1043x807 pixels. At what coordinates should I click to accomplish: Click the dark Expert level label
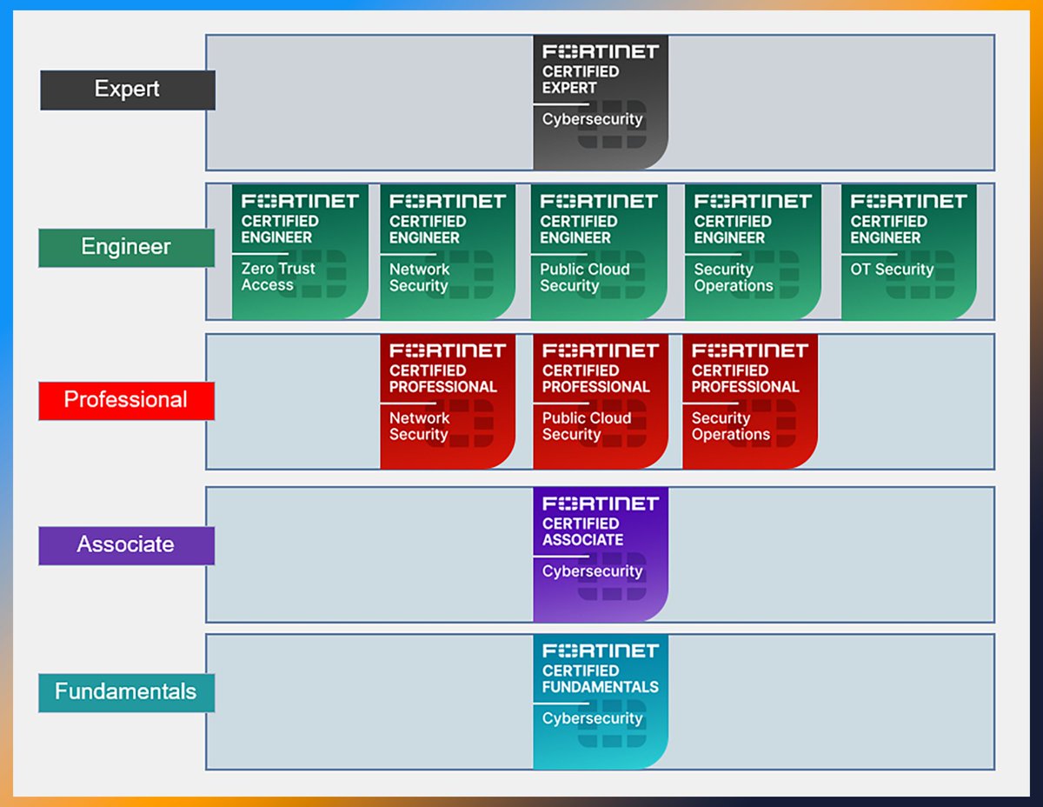[x=127, y=90]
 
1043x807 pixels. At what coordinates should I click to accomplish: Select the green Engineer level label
[x=126, y=247]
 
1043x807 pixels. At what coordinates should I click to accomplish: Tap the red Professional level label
[x=126, y=400]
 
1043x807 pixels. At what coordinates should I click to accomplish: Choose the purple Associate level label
[x=126, y=545]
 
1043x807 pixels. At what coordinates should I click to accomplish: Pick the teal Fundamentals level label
[x=126, y=692]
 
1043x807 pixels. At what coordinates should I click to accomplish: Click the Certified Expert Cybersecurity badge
[x=601, y=102]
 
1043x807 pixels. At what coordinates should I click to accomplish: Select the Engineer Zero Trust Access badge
[x=300, y=251]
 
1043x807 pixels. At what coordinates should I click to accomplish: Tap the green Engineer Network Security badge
[x=448, y=251]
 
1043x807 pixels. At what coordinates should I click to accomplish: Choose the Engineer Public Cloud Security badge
[x=599, y=251]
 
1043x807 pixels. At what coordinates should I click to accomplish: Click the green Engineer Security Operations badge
[x=753, y=251]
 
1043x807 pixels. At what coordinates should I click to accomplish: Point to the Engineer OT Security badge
[x=908, y=251]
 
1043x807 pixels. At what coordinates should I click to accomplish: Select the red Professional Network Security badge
[x=448, y=401]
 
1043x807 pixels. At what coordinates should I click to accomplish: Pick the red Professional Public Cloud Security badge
[x=601, y=401]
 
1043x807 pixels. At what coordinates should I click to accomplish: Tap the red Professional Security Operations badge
[x=750, y=401]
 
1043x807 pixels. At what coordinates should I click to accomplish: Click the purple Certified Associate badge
[x=601, y=554]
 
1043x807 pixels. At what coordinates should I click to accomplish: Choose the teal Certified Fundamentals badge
[x=601, y=701]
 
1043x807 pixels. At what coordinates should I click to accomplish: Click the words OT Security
[x=892, y=270]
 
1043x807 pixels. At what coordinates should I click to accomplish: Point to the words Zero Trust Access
[x=278, y=277]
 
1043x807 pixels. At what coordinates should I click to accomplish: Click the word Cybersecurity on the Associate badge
[x=592, y=571]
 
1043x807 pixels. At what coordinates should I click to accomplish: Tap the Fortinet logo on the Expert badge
[x=600, y=51]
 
